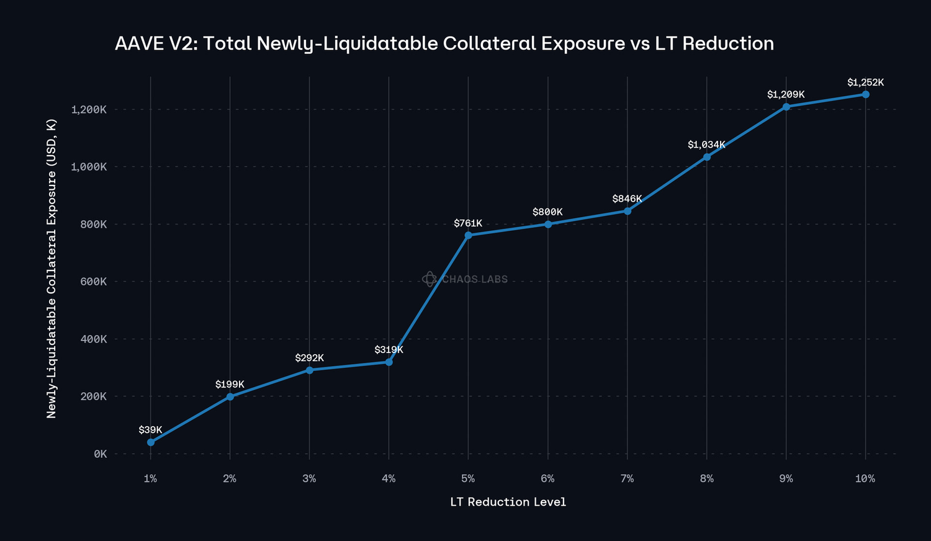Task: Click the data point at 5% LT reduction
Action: [x=468, y=235]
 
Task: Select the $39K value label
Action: [x=150, y=430]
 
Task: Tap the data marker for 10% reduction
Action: [x=866, y=94]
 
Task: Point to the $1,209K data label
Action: [x=786, y=95]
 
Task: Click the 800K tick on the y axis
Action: [x=92, y=225]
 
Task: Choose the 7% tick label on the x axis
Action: [x=627, y=479]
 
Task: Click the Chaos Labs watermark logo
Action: [x=429, y=279]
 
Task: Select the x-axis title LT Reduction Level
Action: [x=508, y=502]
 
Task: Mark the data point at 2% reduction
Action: [x=230, y=396]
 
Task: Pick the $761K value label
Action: [x=468, y=223]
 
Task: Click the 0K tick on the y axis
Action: [x=100, y=454]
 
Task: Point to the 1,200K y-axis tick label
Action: [x=89, y=110]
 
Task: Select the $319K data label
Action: [x=389, y=350]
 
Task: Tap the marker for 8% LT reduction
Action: [x=707, y=157]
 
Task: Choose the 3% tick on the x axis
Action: [x=309, y=479]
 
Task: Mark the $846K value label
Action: [x=627, y=199]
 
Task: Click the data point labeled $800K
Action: [x=548, y=224]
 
